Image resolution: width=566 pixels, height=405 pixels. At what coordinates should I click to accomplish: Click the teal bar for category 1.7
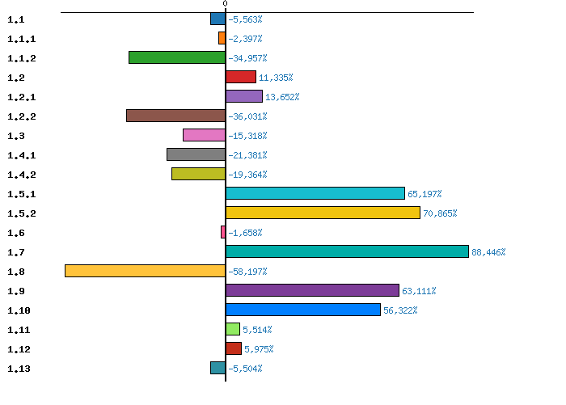347,251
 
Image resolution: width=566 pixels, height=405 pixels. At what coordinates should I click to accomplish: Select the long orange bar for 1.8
145,271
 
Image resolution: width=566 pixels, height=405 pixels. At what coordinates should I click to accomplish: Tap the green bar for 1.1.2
176,57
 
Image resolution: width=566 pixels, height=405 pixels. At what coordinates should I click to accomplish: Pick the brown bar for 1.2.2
175,116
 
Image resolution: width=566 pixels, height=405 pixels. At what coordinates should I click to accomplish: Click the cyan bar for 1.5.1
315,193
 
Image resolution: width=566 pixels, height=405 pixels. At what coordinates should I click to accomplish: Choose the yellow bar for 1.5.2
323,213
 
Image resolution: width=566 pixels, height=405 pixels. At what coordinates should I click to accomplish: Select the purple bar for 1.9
312,290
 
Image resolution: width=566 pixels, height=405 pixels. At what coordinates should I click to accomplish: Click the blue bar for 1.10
302,310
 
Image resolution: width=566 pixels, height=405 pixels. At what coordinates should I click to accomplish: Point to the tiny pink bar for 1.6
222,232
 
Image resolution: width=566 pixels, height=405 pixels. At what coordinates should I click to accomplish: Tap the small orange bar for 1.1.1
222,38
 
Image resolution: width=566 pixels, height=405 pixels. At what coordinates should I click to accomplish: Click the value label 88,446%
488,252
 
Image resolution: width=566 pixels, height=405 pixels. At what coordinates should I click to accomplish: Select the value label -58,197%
247,272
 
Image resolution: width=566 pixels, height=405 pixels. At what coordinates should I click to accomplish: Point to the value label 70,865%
440,213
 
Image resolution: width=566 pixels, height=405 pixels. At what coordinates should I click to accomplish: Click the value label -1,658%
245,233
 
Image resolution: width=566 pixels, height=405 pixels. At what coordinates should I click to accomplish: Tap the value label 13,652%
282,97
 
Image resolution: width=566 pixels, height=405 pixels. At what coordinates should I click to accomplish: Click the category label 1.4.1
21,155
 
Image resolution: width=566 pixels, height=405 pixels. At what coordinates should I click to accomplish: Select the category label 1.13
19,369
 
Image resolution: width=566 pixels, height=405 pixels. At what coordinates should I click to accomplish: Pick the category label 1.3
16,136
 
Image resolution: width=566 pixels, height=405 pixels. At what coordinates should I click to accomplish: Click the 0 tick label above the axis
225,4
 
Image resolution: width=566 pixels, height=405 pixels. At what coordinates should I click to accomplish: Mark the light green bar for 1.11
233,329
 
